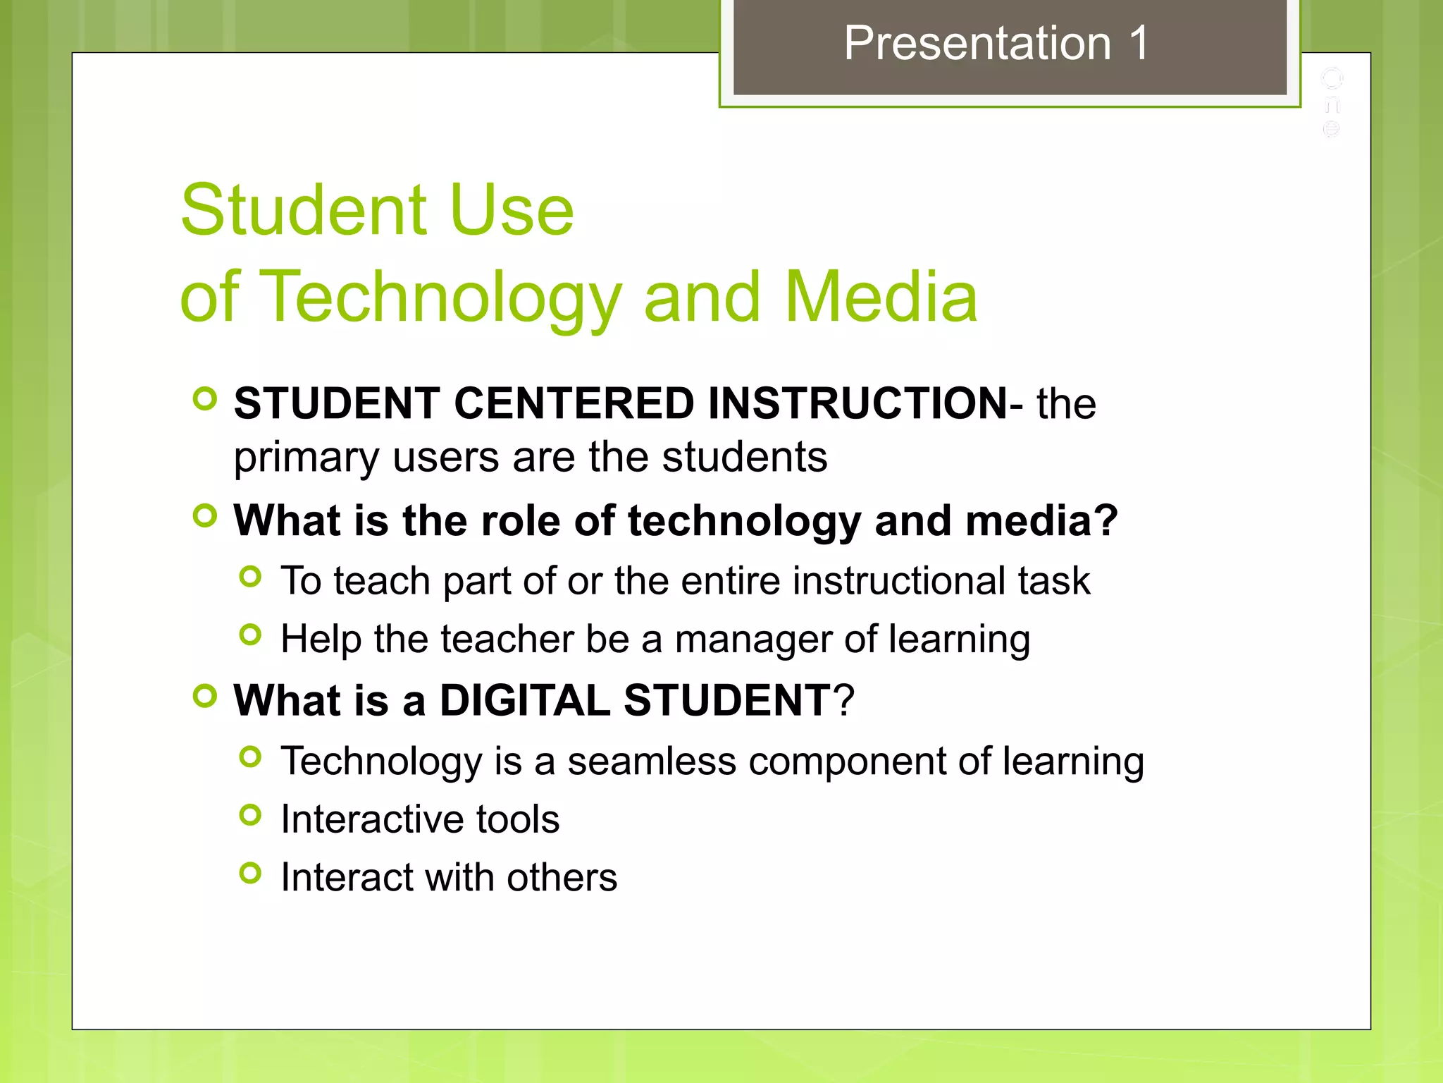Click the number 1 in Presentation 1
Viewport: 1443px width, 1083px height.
coord(1137,44)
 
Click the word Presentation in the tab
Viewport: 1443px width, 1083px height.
coord(978,44)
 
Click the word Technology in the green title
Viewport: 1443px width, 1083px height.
coord(440,298)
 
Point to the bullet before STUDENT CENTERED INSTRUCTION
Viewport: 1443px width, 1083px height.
coord(204,399)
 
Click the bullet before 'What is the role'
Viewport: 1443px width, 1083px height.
coord(204,516)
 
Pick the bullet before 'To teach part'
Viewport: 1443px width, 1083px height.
coord(250,577)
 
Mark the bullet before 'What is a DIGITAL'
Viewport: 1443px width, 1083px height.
coord(204,696)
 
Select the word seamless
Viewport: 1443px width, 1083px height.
coord(652,761)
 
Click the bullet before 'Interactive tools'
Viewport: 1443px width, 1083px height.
coord(250,815)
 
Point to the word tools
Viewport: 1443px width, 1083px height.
coord(517,820)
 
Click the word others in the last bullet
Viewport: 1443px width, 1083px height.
coord(562,878)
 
